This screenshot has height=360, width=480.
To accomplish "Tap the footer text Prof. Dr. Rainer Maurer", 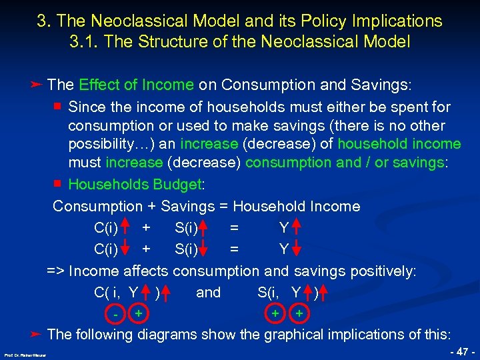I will [22, 355].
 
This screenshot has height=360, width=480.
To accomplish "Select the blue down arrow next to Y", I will [297, 250].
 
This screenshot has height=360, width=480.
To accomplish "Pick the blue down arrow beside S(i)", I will [205, 250].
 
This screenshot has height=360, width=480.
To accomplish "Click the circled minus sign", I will [116, 313].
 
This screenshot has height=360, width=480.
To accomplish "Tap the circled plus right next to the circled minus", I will [138, 312].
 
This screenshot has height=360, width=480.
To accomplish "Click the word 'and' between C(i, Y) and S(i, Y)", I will [208, 292].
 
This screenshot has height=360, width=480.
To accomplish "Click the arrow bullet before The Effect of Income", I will [37, 85].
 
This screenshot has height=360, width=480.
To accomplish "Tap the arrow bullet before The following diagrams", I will [37, 333].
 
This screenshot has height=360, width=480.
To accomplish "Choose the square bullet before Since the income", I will [58, 106].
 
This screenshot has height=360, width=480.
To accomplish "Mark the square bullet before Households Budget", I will [58, 184].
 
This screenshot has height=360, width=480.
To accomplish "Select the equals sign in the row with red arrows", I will [233, 229].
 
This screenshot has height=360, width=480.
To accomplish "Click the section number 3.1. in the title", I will [85, 41].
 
